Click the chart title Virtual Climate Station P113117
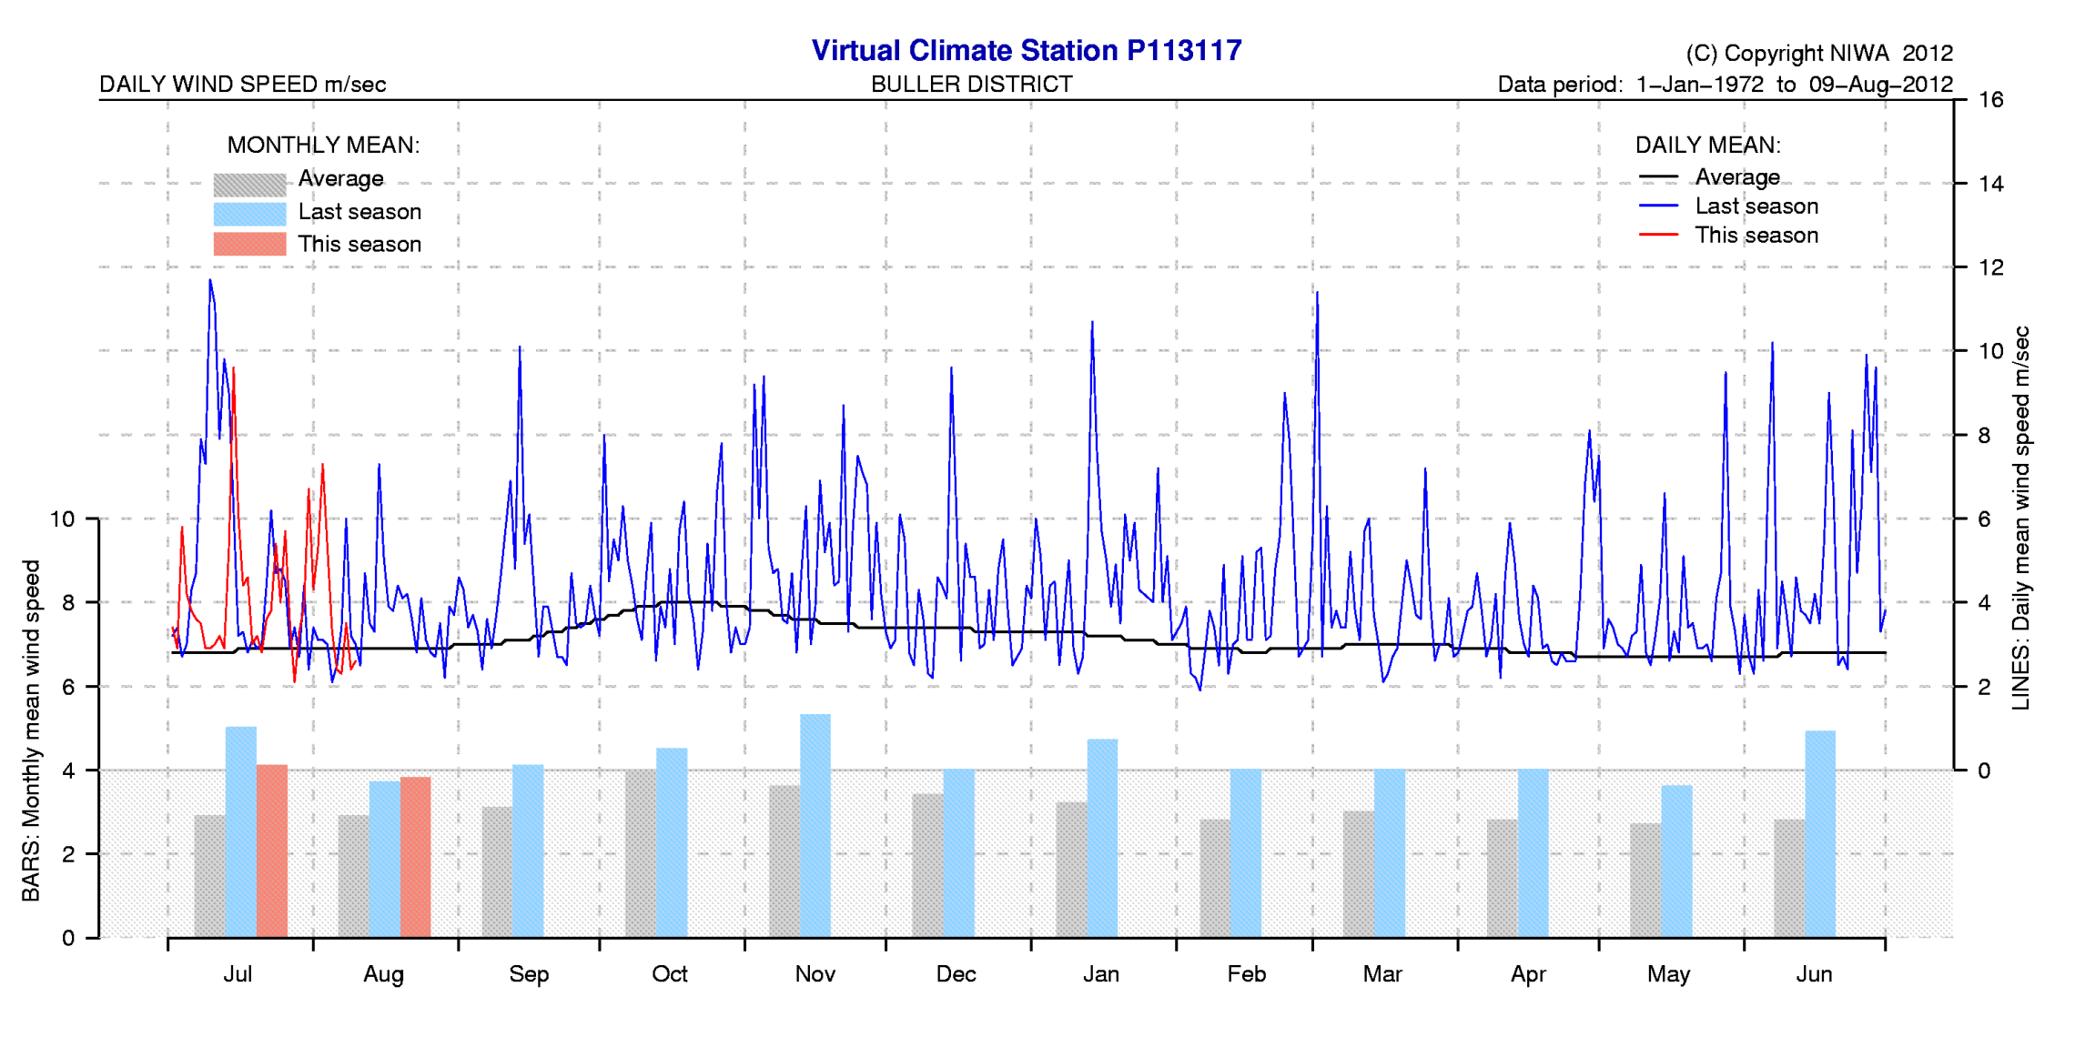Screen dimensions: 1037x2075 [x=1026, y=50]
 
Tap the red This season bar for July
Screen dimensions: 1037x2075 [x=271, y=851]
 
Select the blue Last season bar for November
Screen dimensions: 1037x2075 [x=815, y=825]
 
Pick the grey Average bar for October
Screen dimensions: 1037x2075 [x=641, y=853]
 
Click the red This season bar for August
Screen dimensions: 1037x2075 [x=415, y=857]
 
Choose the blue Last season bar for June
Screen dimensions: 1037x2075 [x=1819, y=833]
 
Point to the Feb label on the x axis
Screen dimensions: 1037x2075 [x=1246, y=974]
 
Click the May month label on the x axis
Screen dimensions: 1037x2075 [x=1668, y=974]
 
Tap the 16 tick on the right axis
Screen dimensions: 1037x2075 [x=1990, y=100]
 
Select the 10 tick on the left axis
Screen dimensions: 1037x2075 [x=62, y=519]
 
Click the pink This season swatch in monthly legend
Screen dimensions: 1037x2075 [x=249, y=244]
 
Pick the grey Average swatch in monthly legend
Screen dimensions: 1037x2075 [x=249, y=184]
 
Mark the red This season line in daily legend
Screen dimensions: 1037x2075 [x=1657, y=235]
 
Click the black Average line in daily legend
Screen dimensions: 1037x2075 [x=1657, y=176]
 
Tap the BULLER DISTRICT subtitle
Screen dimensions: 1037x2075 [x=971, y=85]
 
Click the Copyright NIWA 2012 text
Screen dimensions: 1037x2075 [x=1818, y=54]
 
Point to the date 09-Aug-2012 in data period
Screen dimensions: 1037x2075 [x=1880, y=85]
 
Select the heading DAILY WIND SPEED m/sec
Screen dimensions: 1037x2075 [x=242, y=85]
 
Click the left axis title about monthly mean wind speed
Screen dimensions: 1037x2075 [x=31, y=730]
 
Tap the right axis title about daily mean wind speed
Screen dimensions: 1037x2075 [x=2020, y=518]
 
